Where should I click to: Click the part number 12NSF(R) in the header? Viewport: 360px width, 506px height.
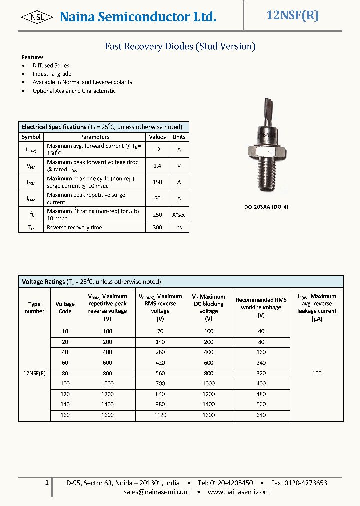(x=293, y=15)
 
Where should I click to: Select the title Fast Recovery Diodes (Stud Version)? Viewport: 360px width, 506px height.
(x=180, y=46)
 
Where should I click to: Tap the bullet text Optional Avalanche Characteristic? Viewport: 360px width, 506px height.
(x=74, y=91)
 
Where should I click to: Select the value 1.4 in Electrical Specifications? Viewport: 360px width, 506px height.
(x=157, y=166)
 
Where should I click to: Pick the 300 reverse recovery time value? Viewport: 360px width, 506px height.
(x=157, y=227)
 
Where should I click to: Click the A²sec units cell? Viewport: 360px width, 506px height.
(x=179, y=215)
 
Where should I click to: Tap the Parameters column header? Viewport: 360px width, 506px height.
(x=95, y=137)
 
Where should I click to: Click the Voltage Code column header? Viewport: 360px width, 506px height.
(x=65, y=307)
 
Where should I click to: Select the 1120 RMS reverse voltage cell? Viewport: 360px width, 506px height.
(x=160, y=415)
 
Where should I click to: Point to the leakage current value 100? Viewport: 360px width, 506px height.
(x=317, y=373)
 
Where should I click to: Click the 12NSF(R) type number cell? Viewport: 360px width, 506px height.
(x=34, y=373)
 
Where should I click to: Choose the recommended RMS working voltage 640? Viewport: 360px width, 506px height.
(x=261, y=415)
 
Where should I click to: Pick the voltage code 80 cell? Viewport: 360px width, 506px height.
(x=65, y=373)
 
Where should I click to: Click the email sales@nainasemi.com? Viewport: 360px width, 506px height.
(x=157, y=492)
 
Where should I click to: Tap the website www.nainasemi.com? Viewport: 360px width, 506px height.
(x=238, y=492)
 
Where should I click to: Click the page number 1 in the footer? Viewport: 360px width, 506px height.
(x=47, y=482)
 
